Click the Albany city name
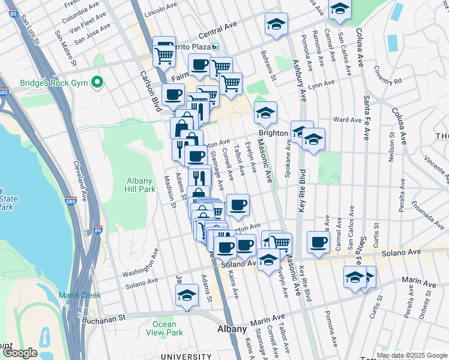(232, 329)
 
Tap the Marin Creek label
(80, 295)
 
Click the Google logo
(20, 353)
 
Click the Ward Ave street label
(347, 119)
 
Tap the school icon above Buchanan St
(187, 295)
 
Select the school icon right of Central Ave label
(276, 24)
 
